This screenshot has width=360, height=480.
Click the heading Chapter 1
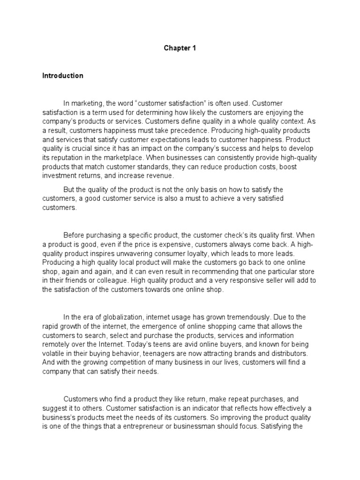[x=176, y=48]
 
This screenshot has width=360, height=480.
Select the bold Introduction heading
[x=62, y=75]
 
